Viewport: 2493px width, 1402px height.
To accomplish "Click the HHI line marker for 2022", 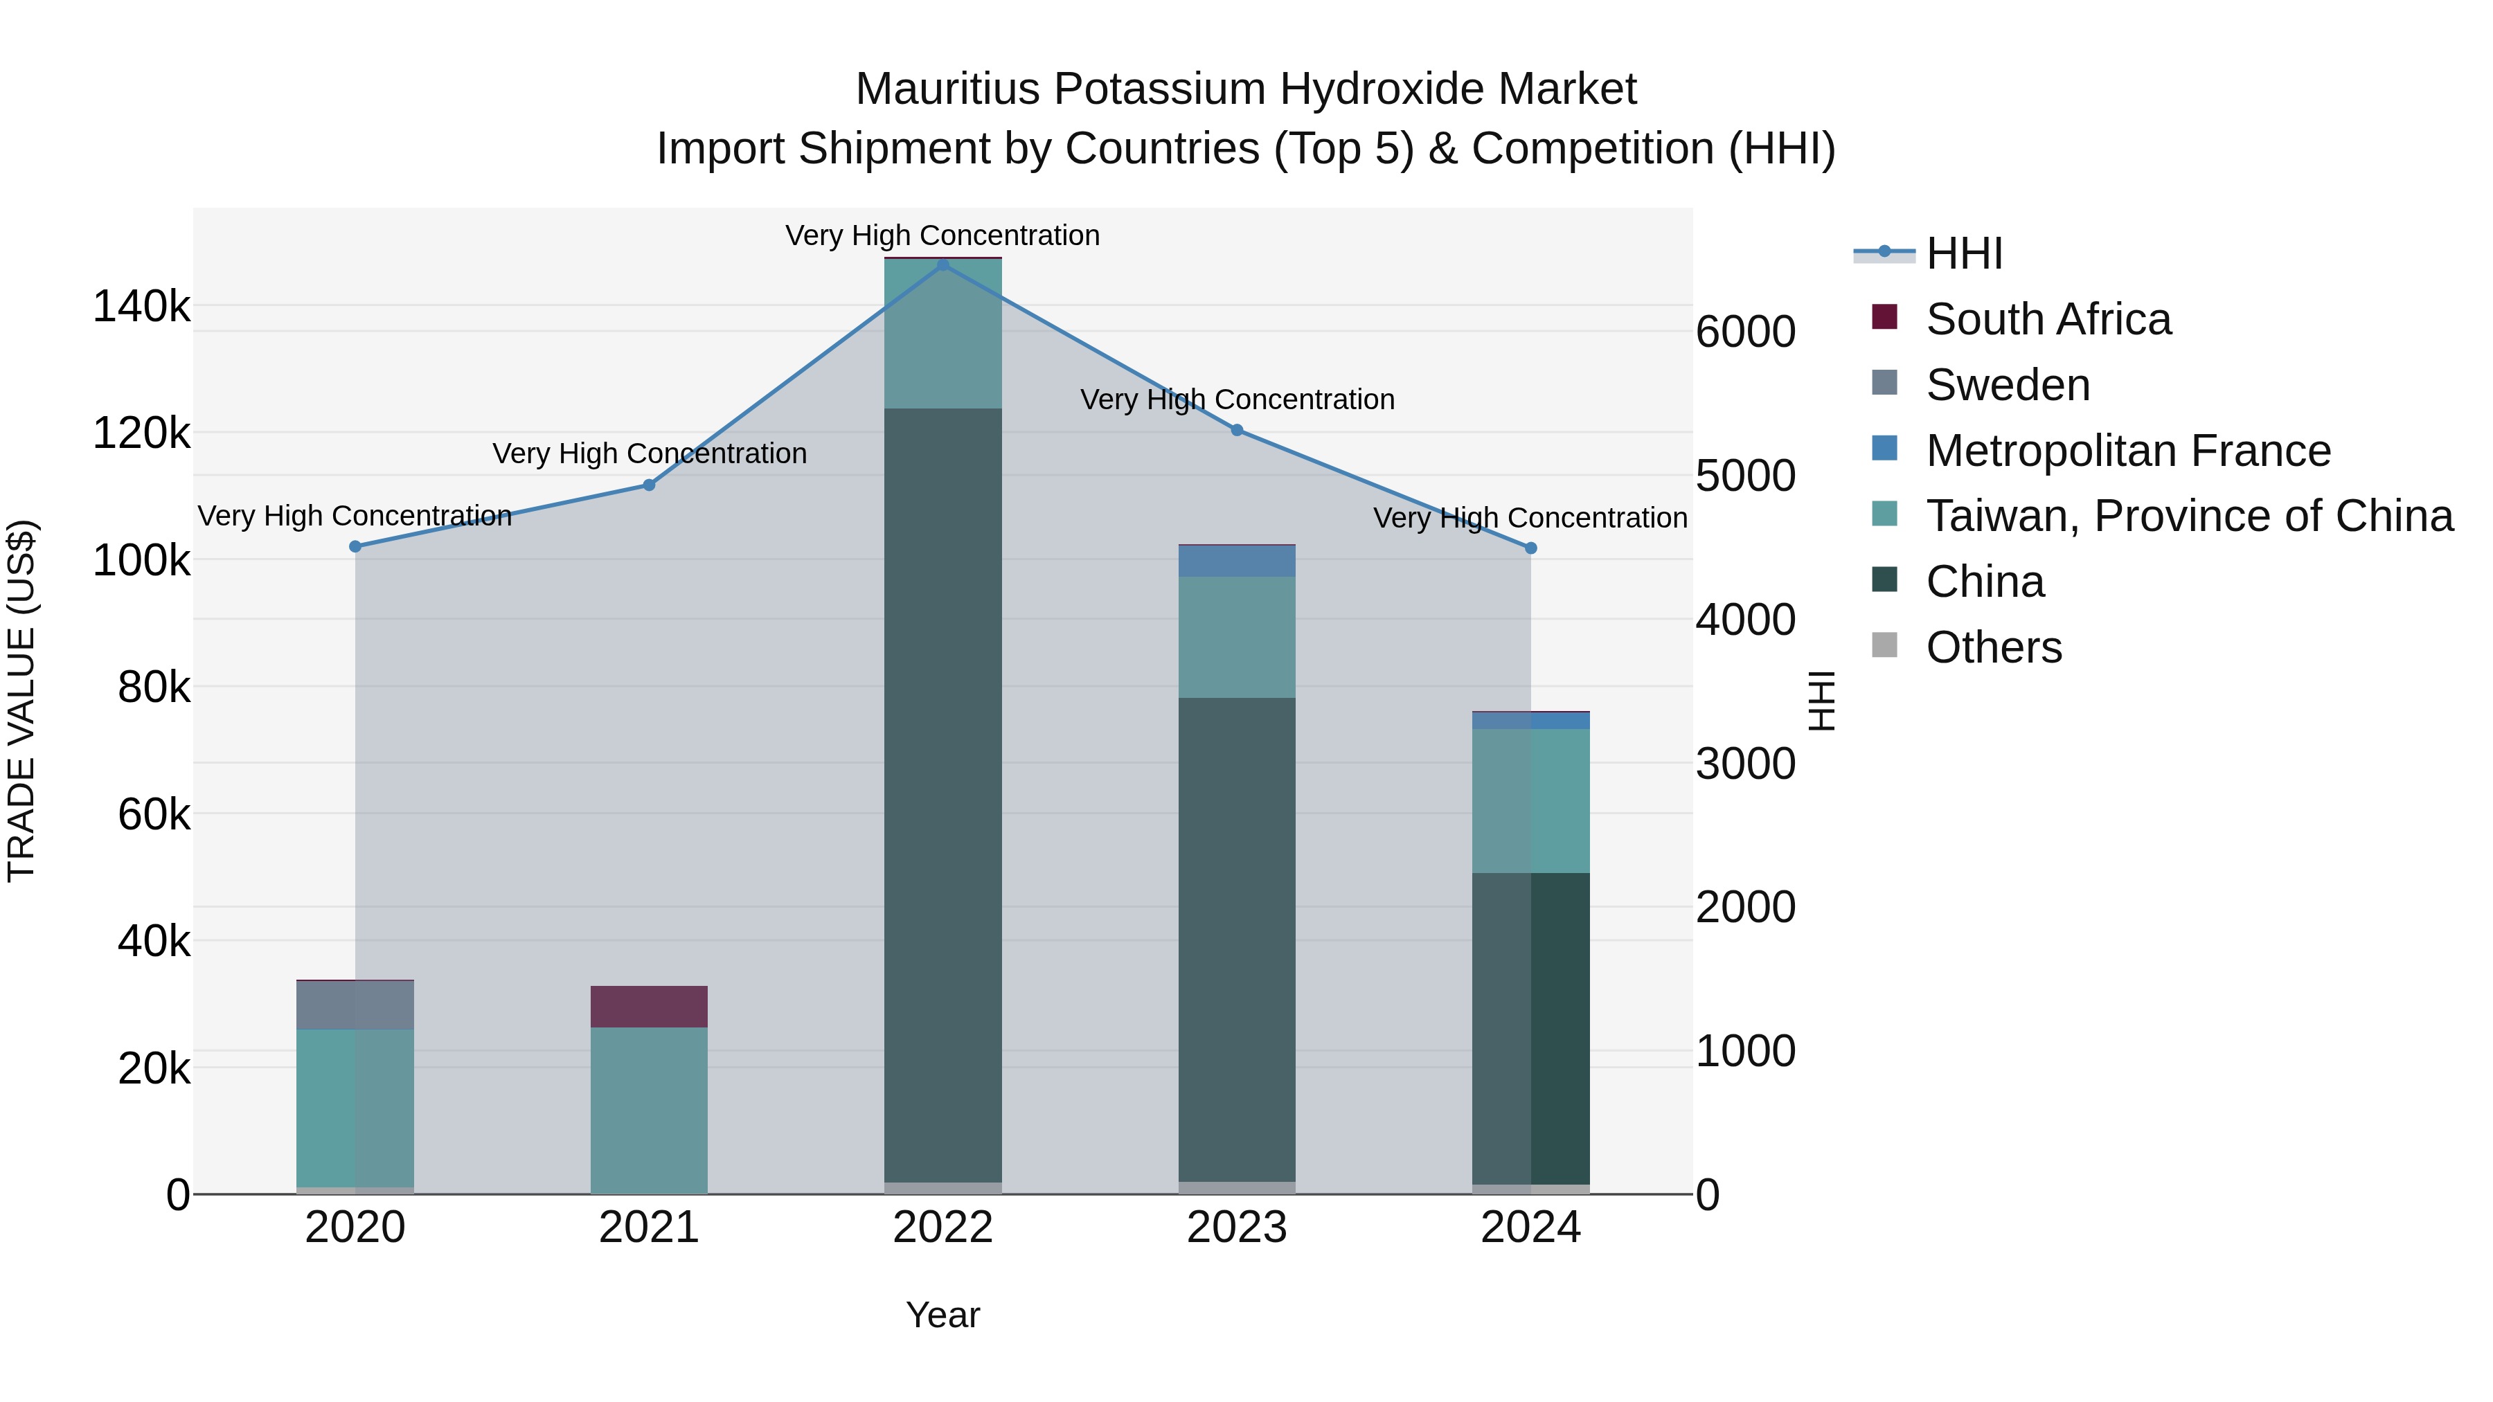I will point(942,264).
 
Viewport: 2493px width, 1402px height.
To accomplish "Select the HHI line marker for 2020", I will point(355,547).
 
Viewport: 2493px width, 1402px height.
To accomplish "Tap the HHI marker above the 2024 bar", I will point(1530,548).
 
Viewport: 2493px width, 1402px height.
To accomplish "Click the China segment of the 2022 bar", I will point(942,793).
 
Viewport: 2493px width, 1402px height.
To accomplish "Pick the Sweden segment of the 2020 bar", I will point(355,1005).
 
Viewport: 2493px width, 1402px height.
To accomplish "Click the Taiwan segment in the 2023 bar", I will point(1237,637).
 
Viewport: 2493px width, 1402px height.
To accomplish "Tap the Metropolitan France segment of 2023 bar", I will point(1237,561).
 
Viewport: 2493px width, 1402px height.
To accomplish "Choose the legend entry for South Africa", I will point(2048,319).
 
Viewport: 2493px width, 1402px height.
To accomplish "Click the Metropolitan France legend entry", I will point(2128,451).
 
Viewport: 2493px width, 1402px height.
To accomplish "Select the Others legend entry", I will point(1994,647).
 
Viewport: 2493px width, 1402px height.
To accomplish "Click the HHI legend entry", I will point(1964,253).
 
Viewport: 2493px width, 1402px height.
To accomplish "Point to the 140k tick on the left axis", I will point(141,307).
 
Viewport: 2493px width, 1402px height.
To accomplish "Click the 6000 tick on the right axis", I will point(1745,332).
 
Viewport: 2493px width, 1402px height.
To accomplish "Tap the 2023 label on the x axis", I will point(1237,1228).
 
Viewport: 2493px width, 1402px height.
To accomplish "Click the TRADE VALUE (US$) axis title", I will point(22,701).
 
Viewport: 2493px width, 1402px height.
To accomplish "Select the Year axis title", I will point(942,1315).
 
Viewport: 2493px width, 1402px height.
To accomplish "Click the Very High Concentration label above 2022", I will point(942,235).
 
